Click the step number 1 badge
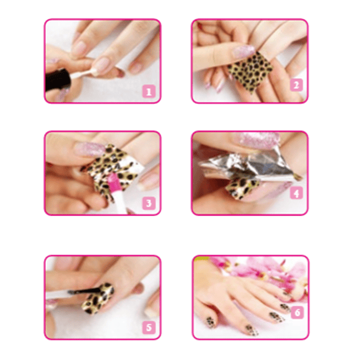[x=148, y=92]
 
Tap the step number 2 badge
[x=296, y=84]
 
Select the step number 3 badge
[x=150, y=203]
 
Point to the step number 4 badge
[x=297, y=193]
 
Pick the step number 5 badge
[x=150, y=327]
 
